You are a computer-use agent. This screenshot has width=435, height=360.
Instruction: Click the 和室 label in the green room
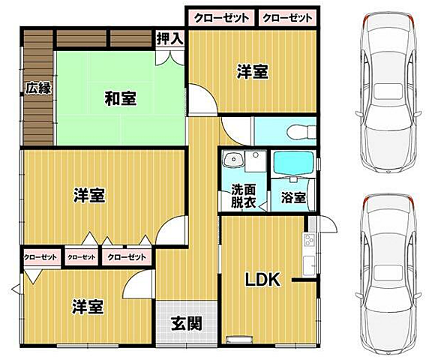[x=119, y=97]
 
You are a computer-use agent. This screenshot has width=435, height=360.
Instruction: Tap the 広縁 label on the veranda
[x=38, y=88]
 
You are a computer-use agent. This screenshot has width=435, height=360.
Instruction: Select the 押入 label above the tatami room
[x=169, y=39]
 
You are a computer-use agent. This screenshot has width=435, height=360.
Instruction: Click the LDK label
[x=263, y=280]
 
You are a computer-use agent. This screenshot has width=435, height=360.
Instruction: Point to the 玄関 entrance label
[x=185, y=324]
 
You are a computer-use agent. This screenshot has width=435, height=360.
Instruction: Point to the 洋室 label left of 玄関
[x=88, y=307]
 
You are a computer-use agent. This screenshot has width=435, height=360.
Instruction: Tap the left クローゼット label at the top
[x=220, y=16]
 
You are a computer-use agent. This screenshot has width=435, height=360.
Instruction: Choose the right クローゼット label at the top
[x=288, y=16]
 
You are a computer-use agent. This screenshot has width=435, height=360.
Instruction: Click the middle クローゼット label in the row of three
[x=82, y=257]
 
